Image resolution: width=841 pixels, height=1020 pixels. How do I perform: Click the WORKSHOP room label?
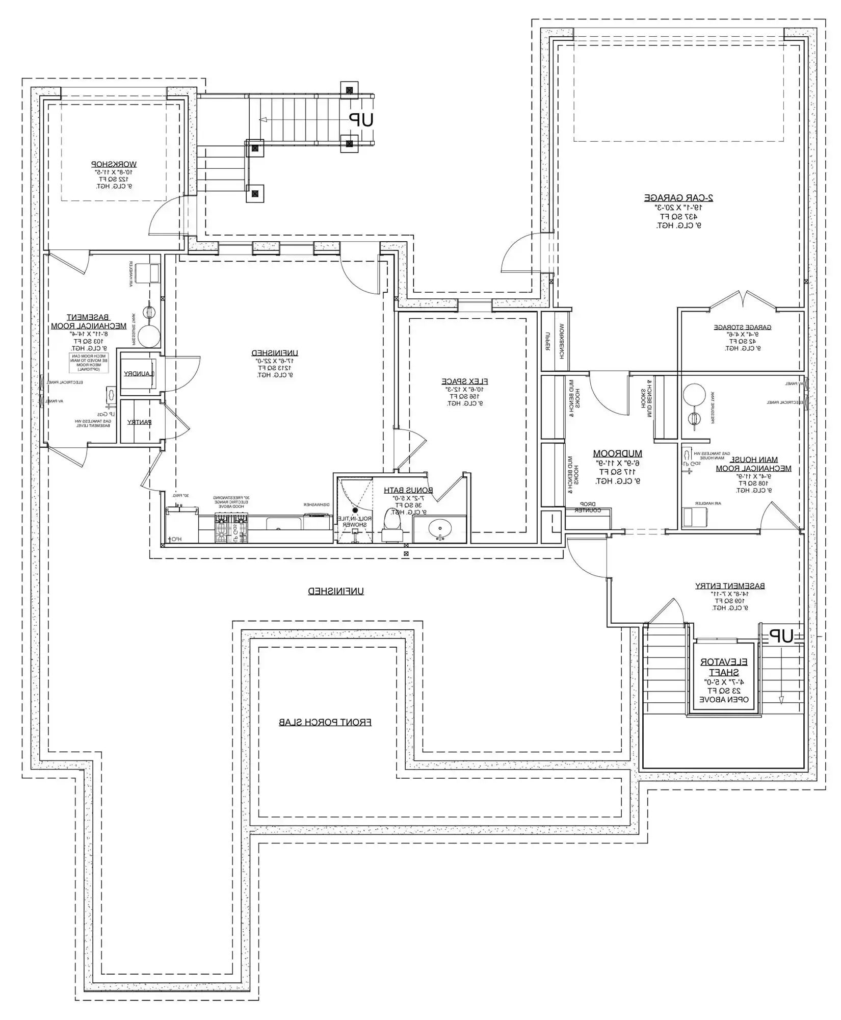[x=114, y=164]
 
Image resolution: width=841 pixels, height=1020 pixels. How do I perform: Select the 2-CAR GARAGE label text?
[x=678, y=197]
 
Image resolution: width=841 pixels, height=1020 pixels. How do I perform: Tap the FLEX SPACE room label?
[x=464, y=381]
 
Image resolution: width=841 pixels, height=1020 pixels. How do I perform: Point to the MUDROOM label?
[x=617, y=453]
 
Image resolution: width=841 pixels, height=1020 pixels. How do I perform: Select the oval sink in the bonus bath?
[x=439, y=529]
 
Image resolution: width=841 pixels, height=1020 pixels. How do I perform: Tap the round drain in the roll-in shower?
[x=355, y=510]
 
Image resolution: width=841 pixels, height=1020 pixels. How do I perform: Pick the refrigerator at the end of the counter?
[x=181, y=525]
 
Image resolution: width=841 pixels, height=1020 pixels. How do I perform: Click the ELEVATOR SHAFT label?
[x=724, y=667]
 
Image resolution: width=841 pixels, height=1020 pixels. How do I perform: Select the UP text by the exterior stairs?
[x=361, y=120]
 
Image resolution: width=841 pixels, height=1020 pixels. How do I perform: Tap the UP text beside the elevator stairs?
[x=781, y=636]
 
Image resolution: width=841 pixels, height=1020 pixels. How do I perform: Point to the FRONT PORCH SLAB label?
[x=325, y=723]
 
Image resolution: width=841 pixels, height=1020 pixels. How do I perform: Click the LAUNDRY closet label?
[x=138, y=374]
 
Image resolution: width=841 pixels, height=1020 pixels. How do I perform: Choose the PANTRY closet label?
[x=139, y=422]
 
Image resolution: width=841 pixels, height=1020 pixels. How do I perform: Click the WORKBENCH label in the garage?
[x=562, y=341]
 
